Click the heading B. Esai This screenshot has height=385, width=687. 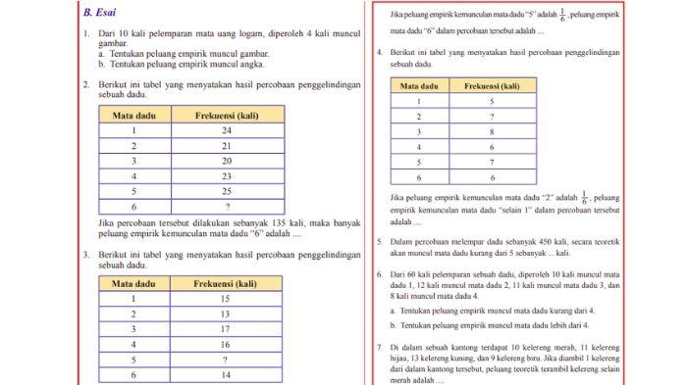[100, 15]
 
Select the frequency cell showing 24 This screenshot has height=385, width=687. [226, 130]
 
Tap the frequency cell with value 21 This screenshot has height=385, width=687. [226, 145]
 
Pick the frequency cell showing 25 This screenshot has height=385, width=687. [226, 191]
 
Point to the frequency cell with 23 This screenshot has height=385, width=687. [226, 175]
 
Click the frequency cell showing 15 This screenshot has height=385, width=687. [226, 299]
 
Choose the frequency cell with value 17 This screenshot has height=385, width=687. [226, 329]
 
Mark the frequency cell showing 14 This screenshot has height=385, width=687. [226, 374]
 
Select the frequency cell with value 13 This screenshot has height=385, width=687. [226, 313]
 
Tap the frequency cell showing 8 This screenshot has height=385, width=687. [491, 131]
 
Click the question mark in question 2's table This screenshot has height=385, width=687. [226, 206]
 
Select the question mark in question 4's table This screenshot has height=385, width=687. [491, 116]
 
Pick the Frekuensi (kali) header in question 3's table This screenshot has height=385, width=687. [226, 283]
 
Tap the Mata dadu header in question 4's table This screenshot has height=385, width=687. [420, 86]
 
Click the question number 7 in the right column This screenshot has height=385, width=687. [380, 348]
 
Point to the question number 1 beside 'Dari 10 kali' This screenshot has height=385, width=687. [86, 33]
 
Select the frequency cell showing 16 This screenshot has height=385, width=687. [226, 344]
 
